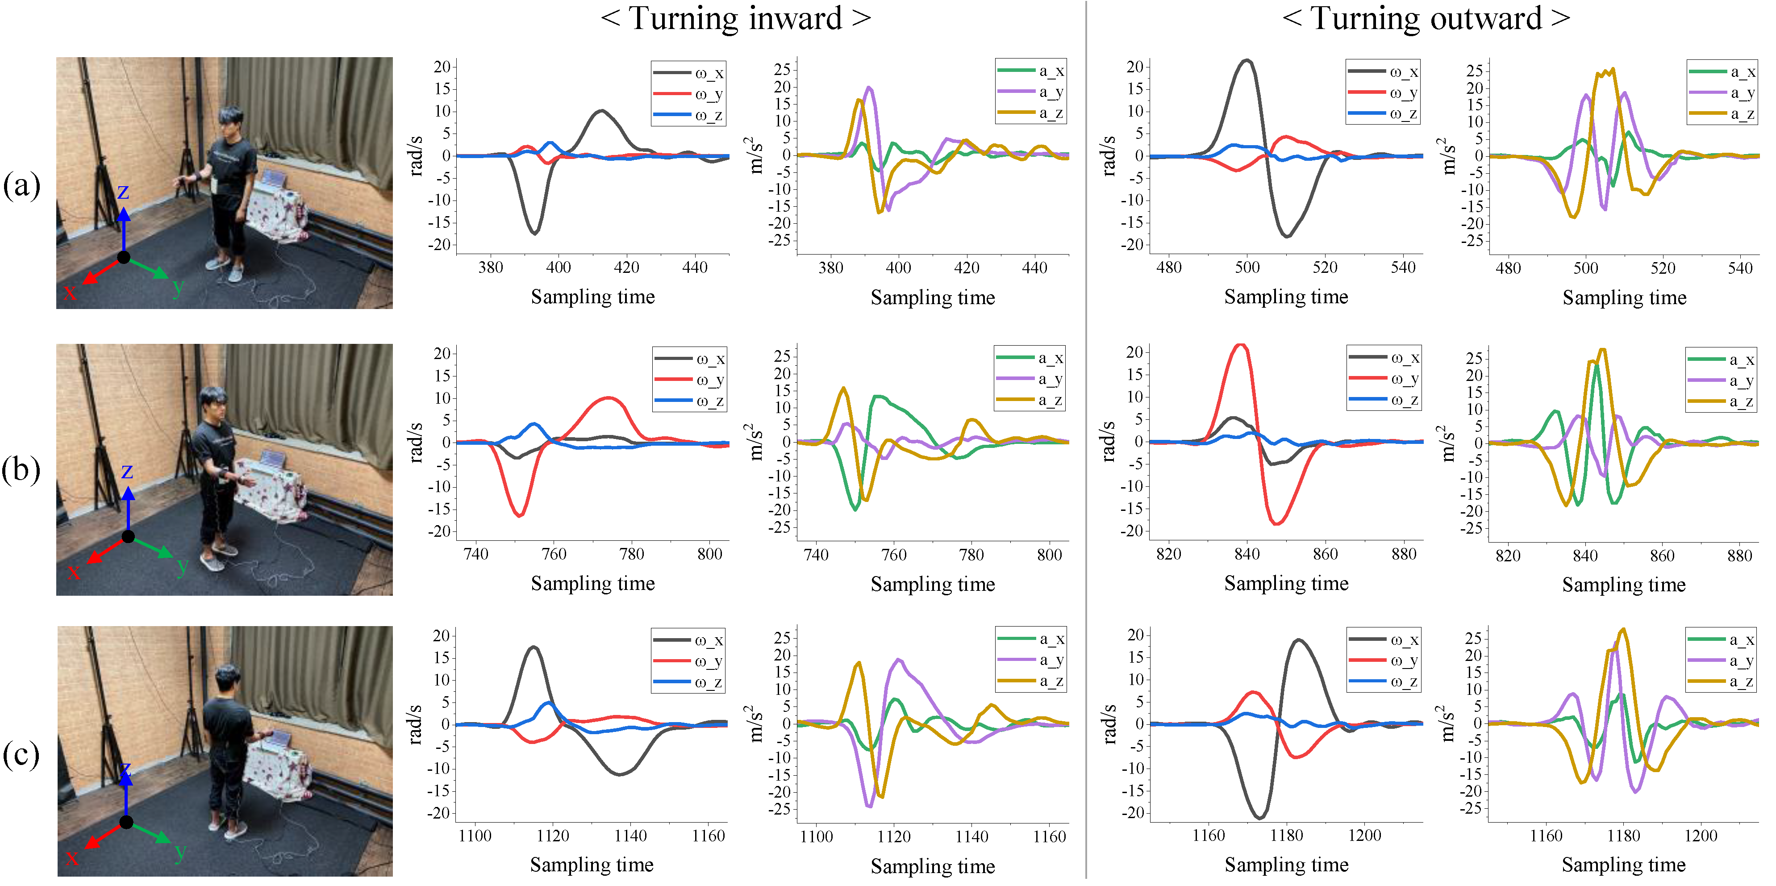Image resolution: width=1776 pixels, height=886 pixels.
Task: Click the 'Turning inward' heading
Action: tap(735, 19)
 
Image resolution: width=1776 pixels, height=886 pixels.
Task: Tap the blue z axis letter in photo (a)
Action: tap(123, 191)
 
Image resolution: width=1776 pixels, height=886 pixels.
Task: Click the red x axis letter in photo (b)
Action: tap(74, 571)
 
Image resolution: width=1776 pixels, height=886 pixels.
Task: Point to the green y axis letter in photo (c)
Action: tap(181, 852)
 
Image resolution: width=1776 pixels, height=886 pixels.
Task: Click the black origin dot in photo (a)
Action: tap(123, 257)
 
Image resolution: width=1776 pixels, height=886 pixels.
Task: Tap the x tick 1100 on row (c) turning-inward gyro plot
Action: tap(475, 836)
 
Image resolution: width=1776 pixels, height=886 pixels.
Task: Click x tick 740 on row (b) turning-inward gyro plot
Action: tap(476, 554)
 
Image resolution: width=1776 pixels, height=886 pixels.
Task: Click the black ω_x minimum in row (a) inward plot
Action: tap(535, 233)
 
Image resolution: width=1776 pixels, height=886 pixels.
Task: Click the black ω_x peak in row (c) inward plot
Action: tap(534, 648)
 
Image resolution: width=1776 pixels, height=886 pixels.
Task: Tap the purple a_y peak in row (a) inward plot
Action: tap(869, 88)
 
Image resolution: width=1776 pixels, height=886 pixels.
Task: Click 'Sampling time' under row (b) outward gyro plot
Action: tap(1286, 583)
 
